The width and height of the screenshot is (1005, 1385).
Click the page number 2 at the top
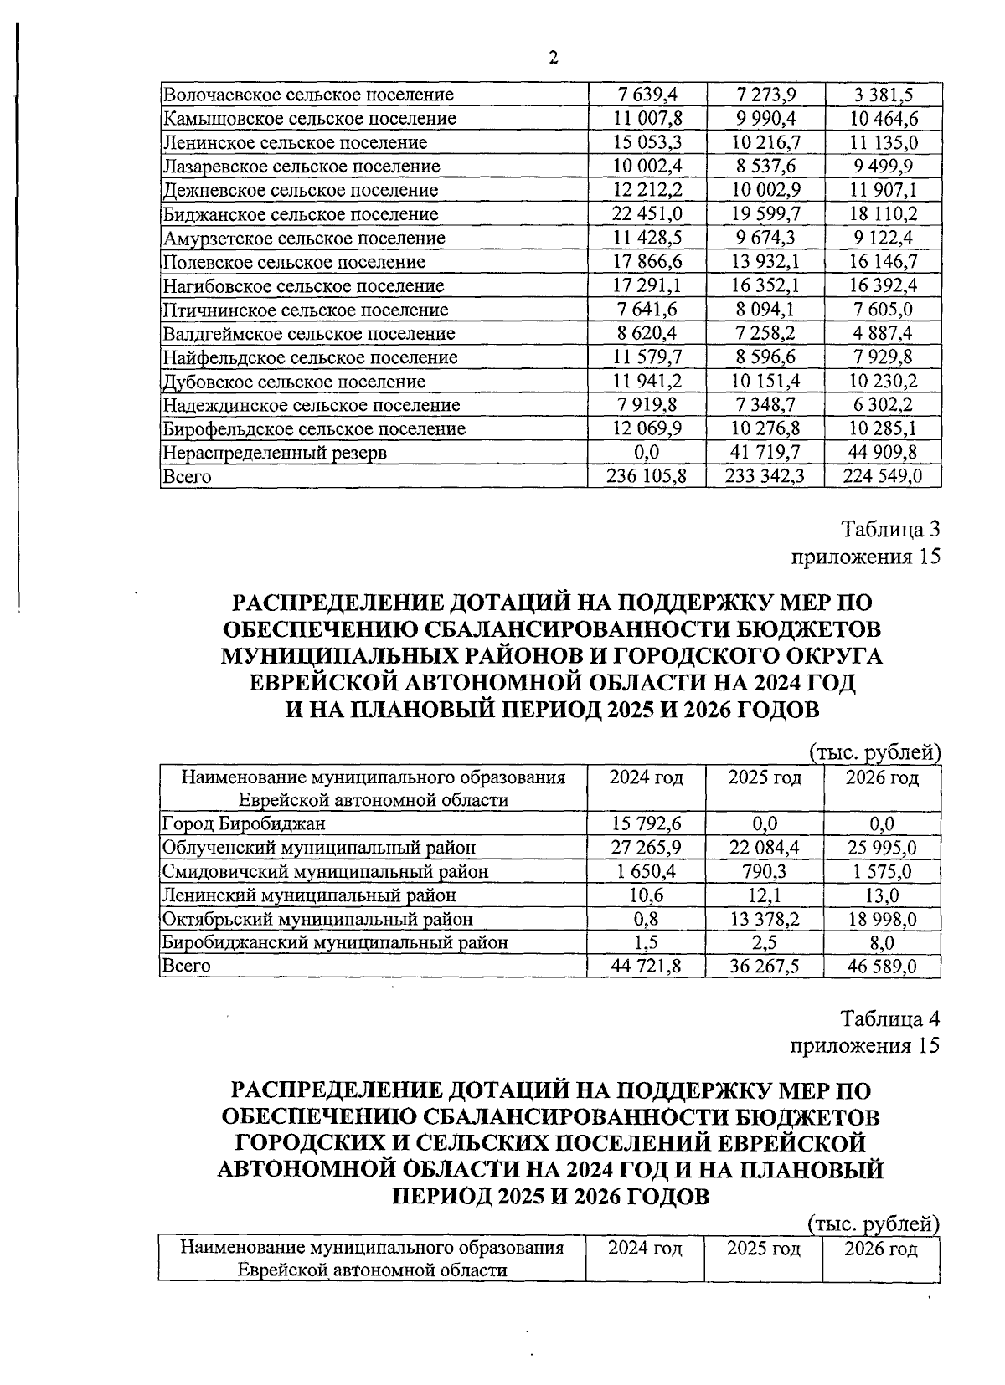tap(552, 58)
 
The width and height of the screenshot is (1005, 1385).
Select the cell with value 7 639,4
tap(647, 95)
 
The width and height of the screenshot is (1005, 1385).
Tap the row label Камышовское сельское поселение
tap(310, 118)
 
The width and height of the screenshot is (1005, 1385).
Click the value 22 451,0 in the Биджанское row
tap(647, 214)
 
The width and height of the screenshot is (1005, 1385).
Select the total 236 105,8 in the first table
tap(647, 477)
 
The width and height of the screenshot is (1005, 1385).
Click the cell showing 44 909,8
tap(883, 453)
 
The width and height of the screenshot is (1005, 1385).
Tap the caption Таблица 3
tap(890, 530)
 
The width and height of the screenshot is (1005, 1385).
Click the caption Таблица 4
tap(890, 1019)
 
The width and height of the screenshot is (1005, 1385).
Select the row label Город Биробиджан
tap(244, 823)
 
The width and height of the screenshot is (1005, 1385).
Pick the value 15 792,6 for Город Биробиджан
tap(647, 823)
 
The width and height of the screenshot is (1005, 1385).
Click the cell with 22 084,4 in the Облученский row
tap(764, 847)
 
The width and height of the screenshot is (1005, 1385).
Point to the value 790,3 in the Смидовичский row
tap(764, 871)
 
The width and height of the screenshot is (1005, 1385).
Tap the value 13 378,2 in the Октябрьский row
tap(764, 919)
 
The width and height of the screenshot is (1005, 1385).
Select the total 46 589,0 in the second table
tap(883, 967)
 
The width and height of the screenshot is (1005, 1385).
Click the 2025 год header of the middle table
tap(764, 778)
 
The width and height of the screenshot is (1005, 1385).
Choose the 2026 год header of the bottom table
tap(881, 1249)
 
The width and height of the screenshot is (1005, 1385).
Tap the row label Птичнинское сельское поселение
tap(305, 310)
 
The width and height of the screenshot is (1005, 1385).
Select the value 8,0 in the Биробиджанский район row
tap(883, 942)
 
